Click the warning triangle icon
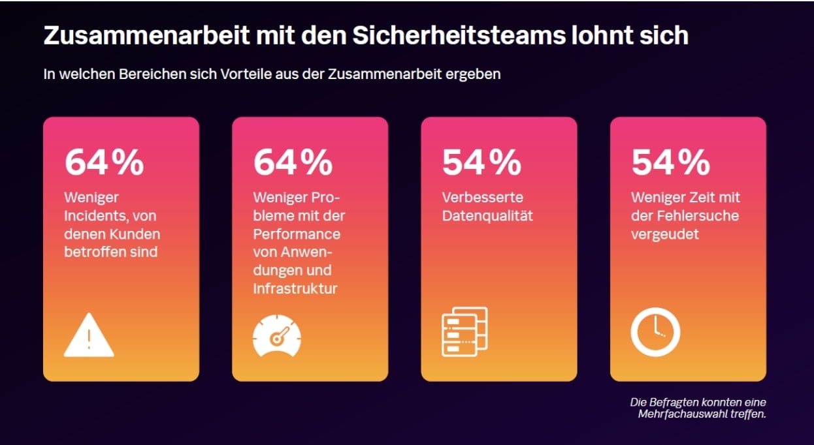point(89,336)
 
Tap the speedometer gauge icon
point(277,336)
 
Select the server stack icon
point(464,331)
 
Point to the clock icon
point(655,331)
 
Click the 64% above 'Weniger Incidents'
point(105,162)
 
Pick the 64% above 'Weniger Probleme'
point(293,162)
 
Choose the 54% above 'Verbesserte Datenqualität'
point(482,162)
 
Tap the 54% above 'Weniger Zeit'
point(671,162)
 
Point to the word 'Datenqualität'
point(487,215)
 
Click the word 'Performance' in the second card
point(297,234)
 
